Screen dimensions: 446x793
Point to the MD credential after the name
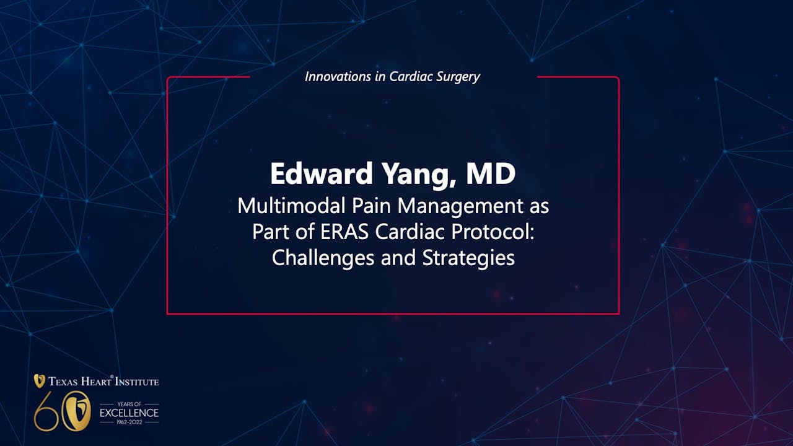[491, 175]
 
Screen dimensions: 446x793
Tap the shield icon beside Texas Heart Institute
[39, 381]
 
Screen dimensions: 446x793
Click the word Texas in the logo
[64, 382]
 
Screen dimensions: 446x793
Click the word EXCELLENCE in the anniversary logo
[129, 413]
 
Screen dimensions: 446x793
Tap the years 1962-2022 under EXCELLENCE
[129, 422]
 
